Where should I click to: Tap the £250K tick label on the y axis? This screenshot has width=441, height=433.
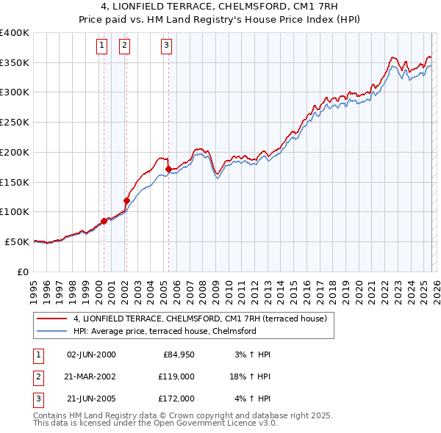pos(15,123)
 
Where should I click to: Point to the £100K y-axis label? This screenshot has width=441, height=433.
pos(15,212)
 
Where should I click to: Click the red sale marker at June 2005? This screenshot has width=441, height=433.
pos(169,169)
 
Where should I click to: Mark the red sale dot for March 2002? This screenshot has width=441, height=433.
pos(126,200)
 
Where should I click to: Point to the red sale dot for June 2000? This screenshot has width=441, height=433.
pos(104,220)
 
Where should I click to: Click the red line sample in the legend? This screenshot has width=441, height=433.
pos(53,319)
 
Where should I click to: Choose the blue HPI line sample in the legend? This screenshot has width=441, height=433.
pos(53,331)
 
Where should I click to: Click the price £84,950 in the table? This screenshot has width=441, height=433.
pos(173,354)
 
